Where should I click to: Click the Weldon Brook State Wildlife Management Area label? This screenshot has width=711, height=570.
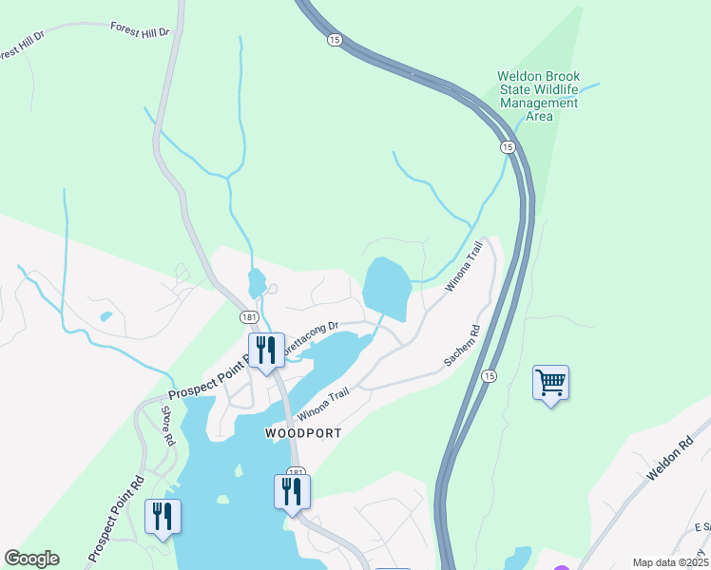pos(539,96)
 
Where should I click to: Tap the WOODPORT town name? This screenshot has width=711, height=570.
pos(302,432)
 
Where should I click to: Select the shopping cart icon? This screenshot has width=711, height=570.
pos(550,383)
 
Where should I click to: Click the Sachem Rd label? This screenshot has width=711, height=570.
pos(462,349)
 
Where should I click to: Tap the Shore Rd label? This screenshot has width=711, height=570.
pos(166,427)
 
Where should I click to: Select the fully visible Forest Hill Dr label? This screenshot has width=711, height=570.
pos(139,30)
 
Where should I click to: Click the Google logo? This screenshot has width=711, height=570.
pos(31,559)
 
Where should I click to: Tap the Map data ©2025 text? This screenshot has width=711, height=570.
pos(670,562)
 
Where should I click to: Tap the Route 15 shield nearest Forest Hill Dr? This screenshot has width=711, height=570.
pos(334,40)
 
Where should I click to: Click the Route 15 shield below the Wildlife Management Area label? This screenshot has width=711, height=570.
pos(508,147)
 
